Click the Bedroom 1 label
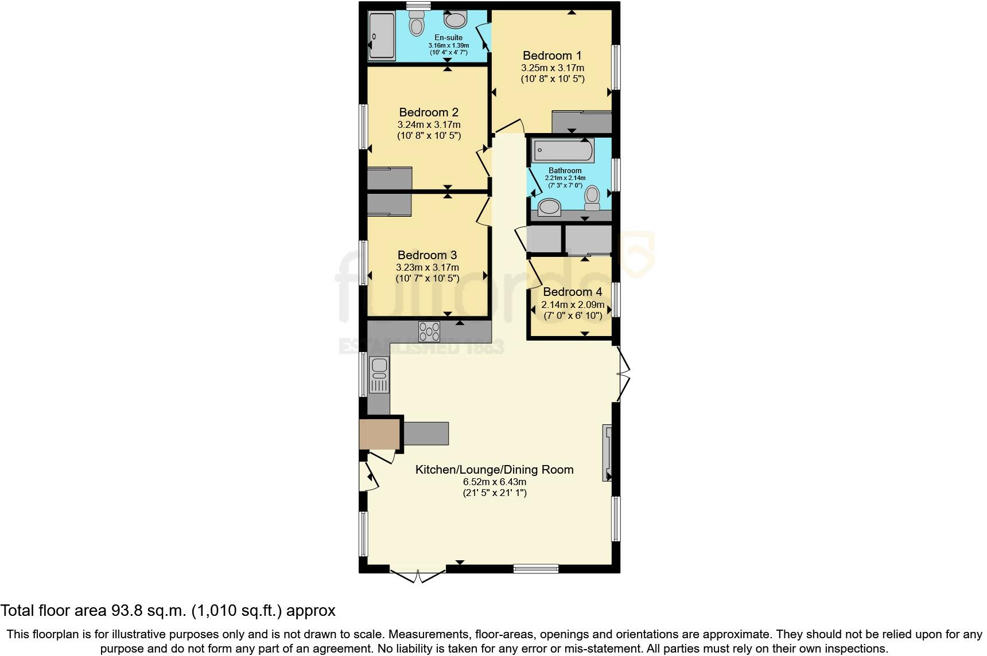coord(552,56)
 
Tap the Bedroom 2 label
coord(429,112)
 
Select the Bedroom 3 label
coord(428,255)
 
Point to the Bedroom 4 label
coord(573,292)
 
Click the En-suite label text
coord(448,38)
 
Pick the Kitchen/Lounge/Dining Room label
coord(494,470)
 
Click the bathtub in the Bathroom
coord(564,151)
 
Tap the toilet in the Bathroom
coord(592,198)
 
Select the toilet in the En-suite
coord(416,24)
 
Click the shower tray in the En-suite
coord(382,36)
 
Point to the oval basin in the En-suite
coord(456,21)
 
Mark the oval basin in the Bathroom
coord(550,206)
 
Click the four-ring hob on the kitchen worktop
coord(429,331)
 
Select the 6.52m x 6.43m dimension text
coord(494,482)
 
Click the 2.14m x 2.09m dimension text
coord(573,304)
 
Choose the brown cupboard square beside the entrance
coord(380,434)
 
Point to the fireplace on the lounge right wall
coord(607,452)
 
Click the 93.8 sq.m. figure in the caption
coord(148,611)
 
